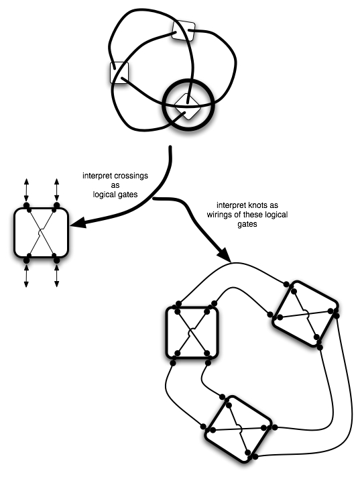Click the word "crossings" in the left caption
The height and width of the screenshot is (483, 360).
[x=131, y=176]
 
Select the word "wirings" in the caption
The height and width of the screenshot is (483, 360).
[x=218, y=215]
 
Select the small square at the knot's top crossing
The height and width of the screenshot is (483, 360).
[x=184, y=30]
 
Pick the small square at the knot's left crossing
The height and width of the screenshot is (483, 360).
[x=119, y=72]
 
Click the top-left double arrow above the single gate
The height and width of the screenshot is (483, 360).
[x=27, y=190]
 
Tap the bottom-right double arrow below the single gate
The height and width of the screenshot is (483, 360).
[x=57, y=276]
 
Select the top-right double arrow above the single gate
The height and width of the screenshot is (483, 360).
[x=57, y=190]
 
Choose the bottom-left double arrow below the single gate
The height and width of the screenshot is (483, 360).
[x=27, y=276]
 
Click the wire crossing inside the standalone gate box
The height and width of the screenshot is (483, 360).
[x=42, y=232]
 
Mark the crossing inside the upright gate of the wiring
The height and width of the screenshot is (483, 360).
[x=192, y=333]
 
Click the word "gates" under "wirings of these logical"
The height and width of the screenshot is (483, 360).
[x=247, y=224]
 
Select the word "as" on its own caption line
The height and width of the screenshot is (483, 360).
[x=115, y=185]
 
